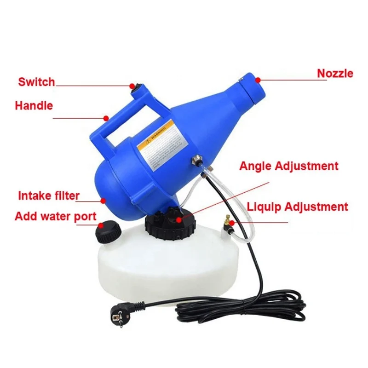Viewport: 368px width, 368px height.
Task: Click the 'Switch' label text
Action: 36,82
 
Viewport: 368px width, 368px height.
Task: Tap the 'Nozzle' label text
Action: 335,73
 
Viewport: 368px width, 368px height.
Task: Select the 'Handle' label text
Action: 34,105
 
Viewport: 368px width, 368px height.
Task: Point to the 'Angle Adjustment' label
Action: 288,166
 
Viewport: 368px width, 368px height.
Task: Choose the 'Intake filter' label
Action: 49,195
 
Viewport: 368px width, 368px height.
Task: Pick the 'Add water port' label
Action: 56,216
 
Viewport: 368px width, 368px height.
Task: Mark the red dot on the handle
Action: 106,118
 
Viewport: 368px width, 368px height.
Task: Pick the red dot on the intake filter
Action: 103,200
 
